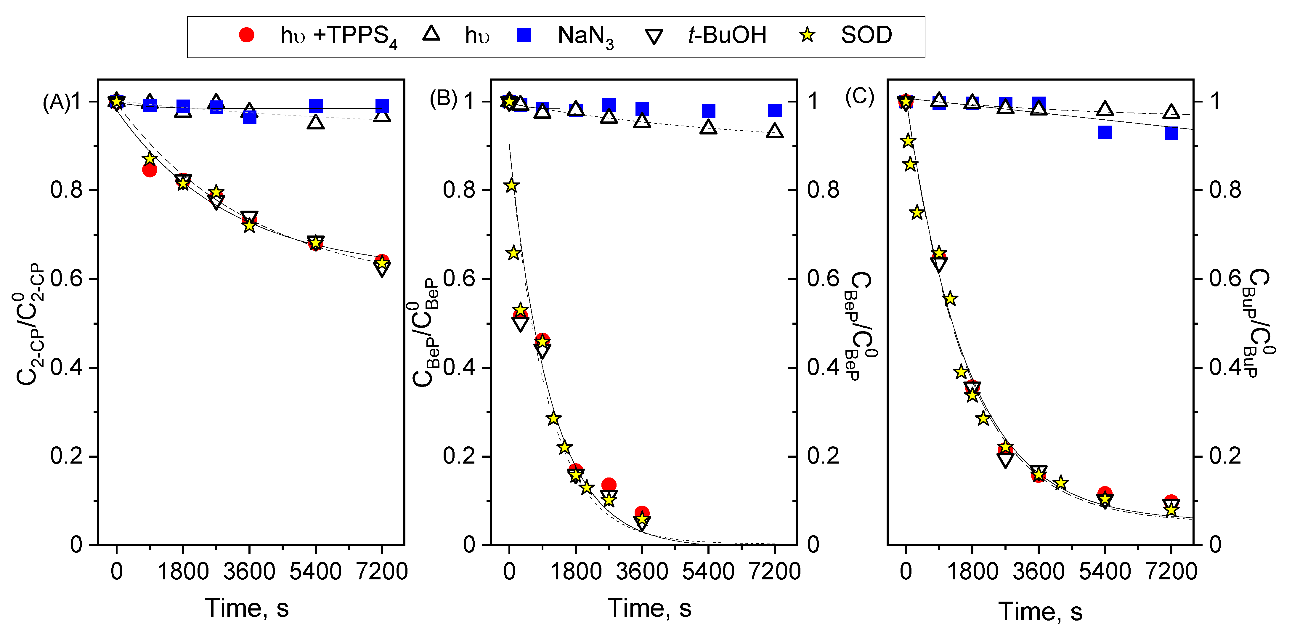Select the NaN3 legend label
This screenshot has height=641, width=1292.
[x=585, y=36]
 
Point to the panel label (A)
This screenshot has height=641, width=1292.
[x=56, y=102]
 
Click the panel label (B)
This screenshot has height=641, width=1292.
[x=443, y=99]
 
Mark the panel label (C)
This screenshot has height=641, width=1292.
[x=859, y=96]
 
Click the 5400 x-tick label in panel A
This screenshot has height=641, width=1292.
[x=315, y=571]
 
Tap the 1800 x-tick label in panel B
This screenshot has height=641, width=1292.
[x=576, y=571]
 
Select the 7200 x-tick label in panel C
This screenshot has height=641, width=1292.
[x=1172, y=571]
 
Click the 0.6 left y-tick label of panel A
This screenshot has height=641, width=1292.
[x=66, y=279]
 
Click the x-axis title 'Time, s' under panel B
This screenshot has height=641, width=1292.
[x=649, y=608]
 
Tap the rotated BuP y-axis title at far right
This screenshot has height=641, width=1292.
[x=1259, y=323]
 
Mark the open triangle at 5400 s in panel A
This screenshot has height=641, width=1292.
[x=315, y=122]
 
